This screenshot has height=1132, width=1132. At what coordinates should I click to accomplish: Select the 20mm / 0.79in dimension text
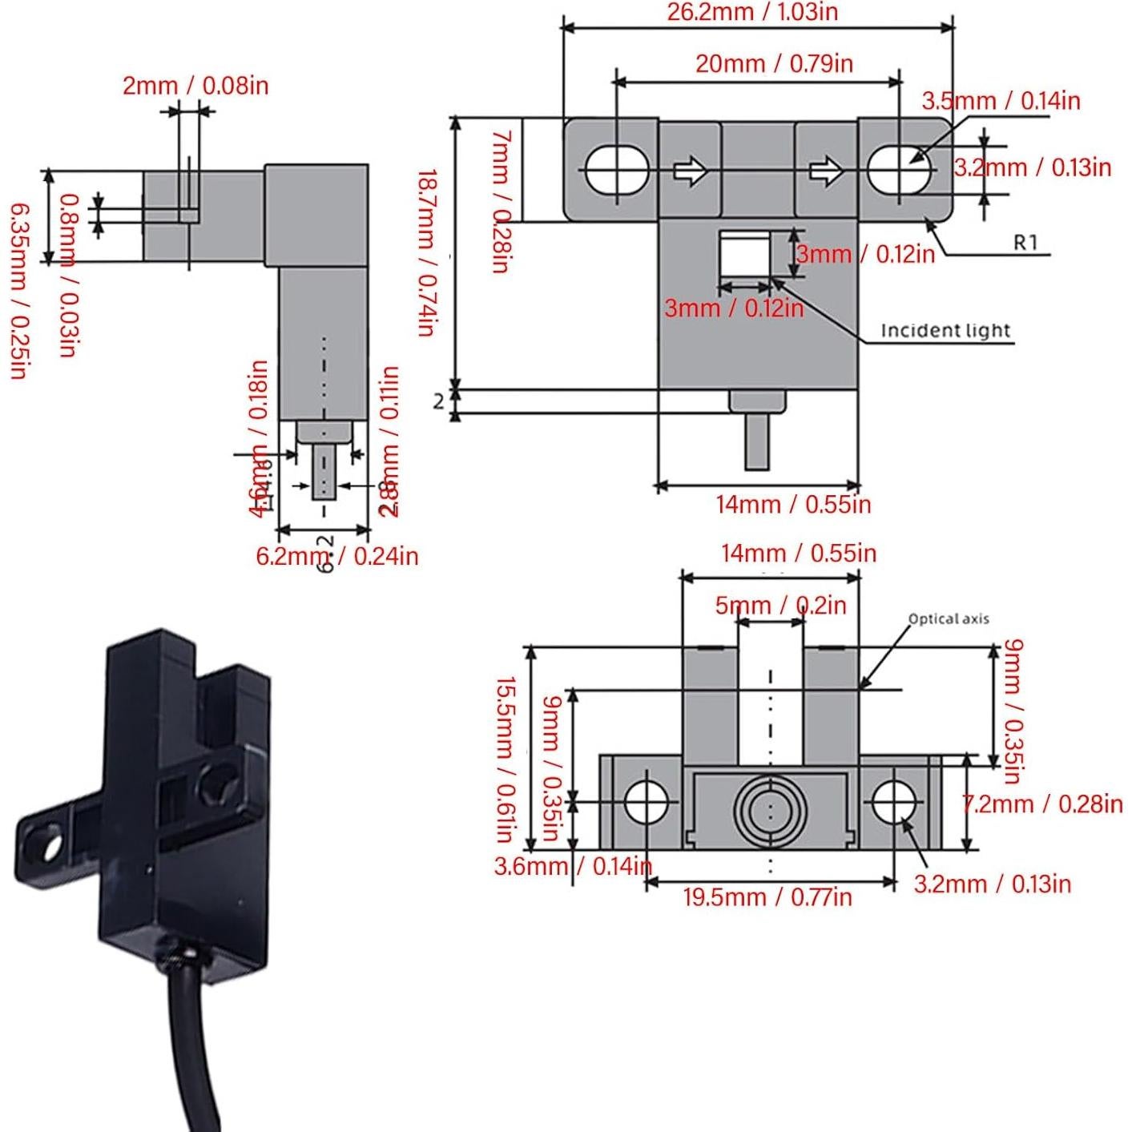click(x=773, y=63)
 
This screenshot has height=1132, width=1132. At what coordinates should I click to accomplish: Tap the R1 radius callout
click(x=1025, y=242)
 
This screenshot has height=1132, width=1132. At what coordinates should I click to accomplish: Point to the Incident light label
click(x=945, y=330)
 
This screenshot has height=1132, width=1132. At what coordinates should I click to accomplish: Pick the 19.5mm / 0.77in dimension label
click(x=767, y=896)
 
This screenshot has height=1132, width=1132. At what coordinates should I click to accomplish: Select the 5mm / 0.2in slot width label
click(x=780, y=605)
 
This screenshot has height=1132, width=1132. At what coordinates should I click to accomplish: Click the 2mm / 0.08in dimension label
click(x=195, y=86)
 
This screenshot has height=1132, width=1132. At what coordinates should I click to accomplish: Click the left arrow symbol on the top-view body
click(x=690, y=171)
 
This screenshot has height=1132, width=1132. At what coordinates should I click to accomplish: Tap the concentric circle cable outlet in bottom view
click(x=769, y=809)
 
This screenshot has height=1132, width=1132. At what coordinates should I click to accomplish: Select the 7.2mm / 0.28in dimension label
click(x=1041, y=804)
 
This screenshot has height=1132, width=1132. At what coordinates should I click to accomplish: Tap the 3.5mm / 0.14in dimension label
click(x=1000, y=101)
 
